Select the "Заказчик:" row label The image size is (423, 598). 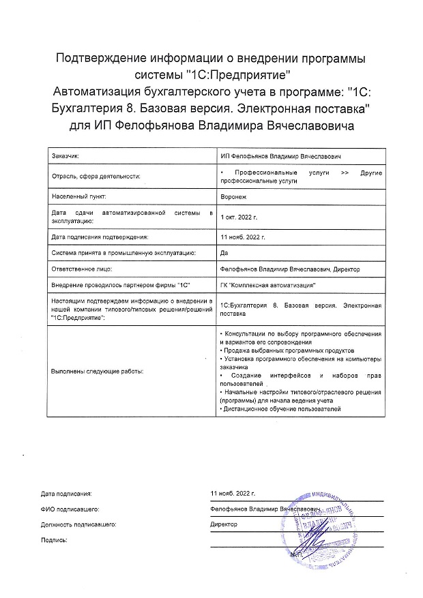pyautogui.click(x=65, y=157)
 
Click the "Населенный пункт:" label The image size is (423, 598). pyautogui.click(x=76, y=195)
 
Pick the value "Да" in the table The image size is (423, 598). pyautogui.click(x=225, y=252)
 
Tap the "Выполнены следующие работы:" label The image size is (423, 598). pyautogui.click(x=97, y=372)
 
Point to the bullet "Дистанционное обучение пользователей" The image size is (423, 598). pyautogui.click(x=281, y=408)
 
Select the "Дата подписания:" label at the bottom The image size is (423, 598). pyautogui.click(x=65, y=492)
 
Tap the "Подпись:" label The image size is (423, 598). pyautogui.click(x=54, y=539)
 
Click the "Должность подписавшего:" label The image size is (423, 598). pyautogui.click(x=78, y=524)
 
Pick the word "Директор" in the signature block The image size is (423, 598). pyautogui.click(x=224, y=524)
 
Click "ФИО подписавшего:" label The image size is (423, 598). pyautogui.click(x=71, y=509)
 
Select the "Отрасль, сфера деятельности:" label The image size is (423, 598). pyautogui.click(x=96, y=176)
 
